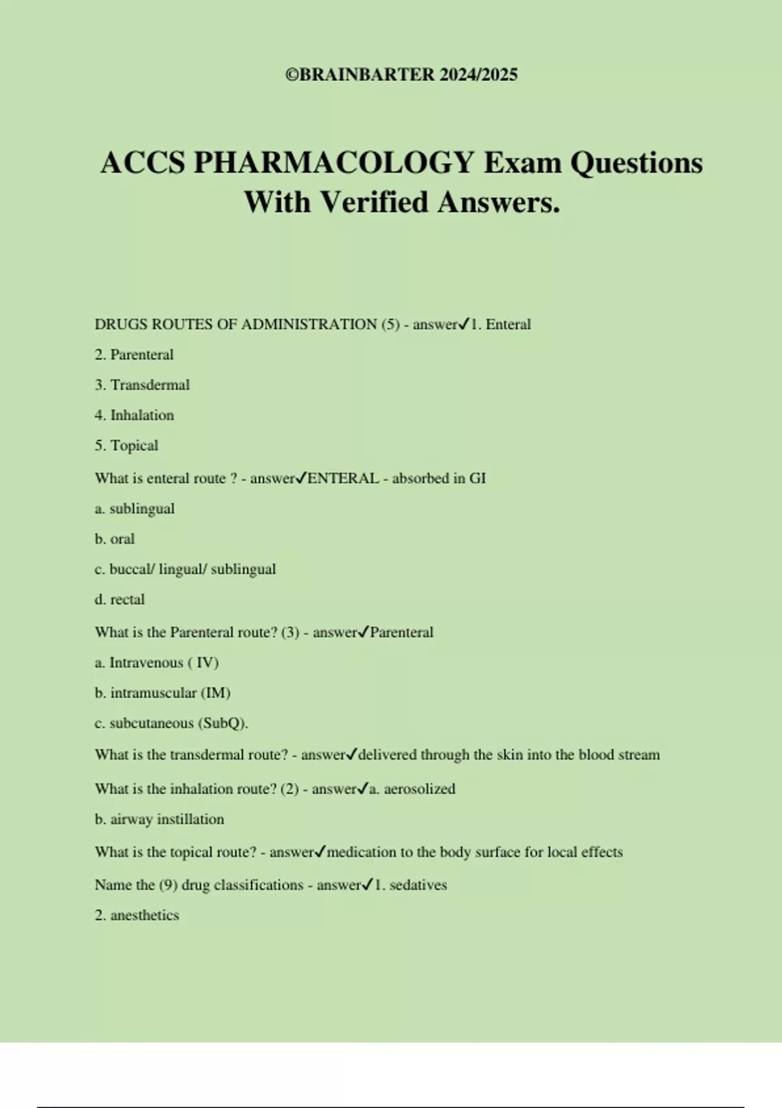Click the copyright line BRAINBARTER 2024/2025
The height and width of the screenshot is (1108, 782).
[x=401, y=74]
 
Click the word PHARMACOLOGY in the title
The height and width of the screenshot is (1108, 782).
[x=333, y=162]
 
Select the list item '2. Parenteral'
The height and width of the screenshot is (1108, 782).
[x=134, y=355]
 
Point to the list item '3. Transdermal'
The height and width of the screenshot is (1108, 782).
[x=142, y=385]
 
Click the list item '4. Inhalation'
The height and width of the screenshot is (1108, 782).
[x=134, y=415]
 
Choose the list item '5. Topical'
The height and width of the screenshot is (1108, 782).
[x=126, y=446]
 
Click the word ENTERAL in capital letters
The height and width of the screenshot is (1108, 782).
[x=343, y=478]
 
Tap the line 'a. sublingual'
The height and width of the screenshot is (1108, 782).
[x=135, y=509]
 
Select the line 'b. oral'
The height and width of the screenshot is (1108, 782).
[x=115, y=539]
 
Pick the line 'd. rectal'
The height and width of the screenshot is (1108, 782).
[x=120, y=600]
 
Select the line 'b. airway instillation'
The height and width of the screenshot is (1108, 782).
[x=160, y=819]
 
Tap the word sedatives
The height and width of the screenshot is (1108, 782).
[x=418, y=885]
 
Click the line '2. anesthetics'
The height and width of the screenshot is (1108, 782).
[x=137, y=915]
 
